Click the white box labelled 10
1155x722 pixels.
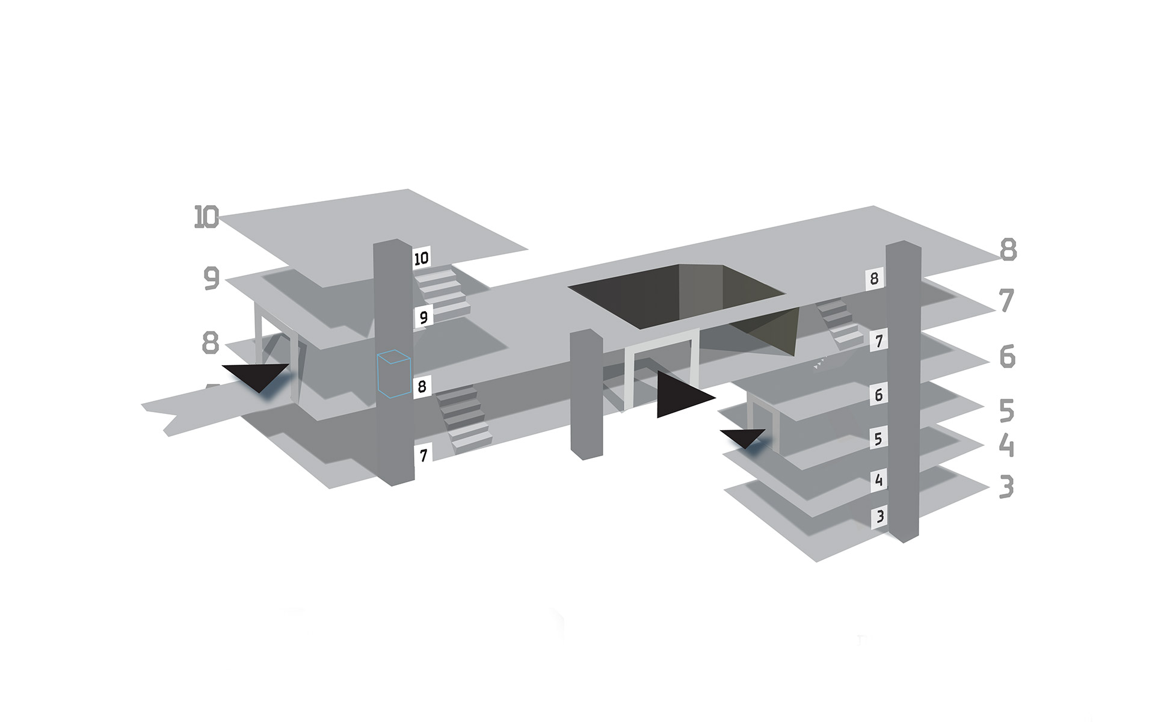(x=422, y=258)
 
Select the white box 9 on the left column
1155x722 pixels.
(x=423, y=316)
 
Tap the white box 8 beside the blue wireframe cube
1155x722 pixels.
(x=422, y=386)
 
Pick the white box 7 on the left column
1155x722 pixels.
(x=423, y=455)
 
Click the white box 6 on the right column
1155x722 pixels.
(x=879, y=395)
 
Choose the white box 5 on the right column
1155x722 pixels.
(x=878, y=439)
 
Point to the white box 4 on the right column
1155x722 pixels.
(x=879, y=480)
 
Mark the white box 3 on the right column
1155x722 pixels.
(x=880, y=517)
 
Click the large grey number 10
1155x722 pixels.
(x=206, y=217)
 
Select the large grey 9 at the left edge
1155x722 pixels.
(x=211, y=279)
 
